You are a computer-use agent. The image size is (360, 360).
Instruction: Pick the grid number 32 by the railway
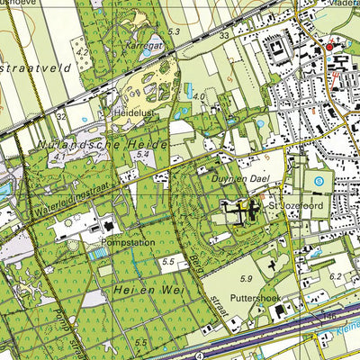pyautogui.click(x=61, y=117)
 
